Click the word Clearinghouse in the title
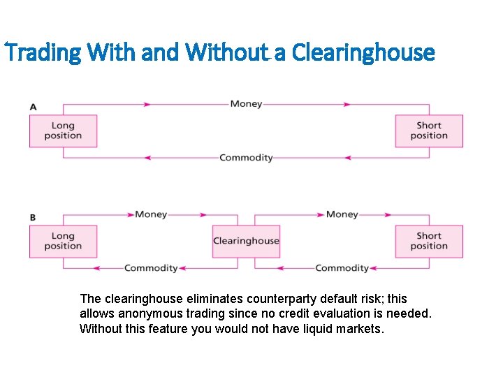click(363, 52)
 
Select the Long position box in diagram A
click(63, 131)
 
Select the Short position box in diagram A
click(429, 131)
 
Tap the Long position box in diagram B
click(63, 241)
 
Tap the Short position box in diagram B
click(429, 241)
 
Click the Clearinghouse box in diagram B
click(246, 241)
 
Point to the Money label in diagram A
click(246, 104)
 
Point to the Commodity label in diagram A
click(246, 158)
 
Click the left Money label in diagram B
click(151, 214)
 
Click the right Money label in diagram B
click(342, 214)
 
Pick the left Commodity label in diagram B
click(151, 268)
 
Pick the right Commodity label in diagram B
click(342, 268)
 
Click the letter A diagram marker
click(33, 107)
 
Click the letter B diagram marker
click(33, 218)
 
